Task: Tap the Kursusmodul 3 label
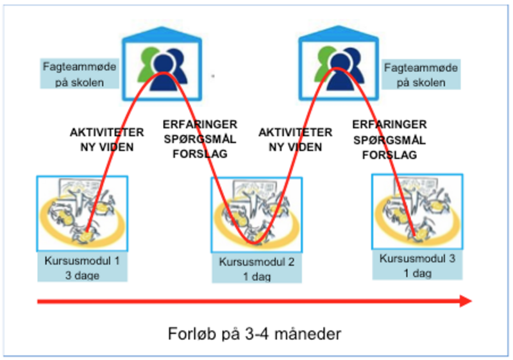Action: point(417,259)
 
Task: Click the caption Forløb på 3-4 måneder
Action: point(256,334)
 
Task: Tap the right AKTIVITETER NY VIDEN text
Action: point(296,139)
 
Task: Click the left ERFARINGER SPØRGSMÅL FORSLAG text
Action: point(199,139)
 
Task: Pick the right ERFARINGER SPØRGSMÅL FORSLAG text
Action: point(390,139)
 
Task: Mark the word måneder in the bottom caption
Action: point(312,334)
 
